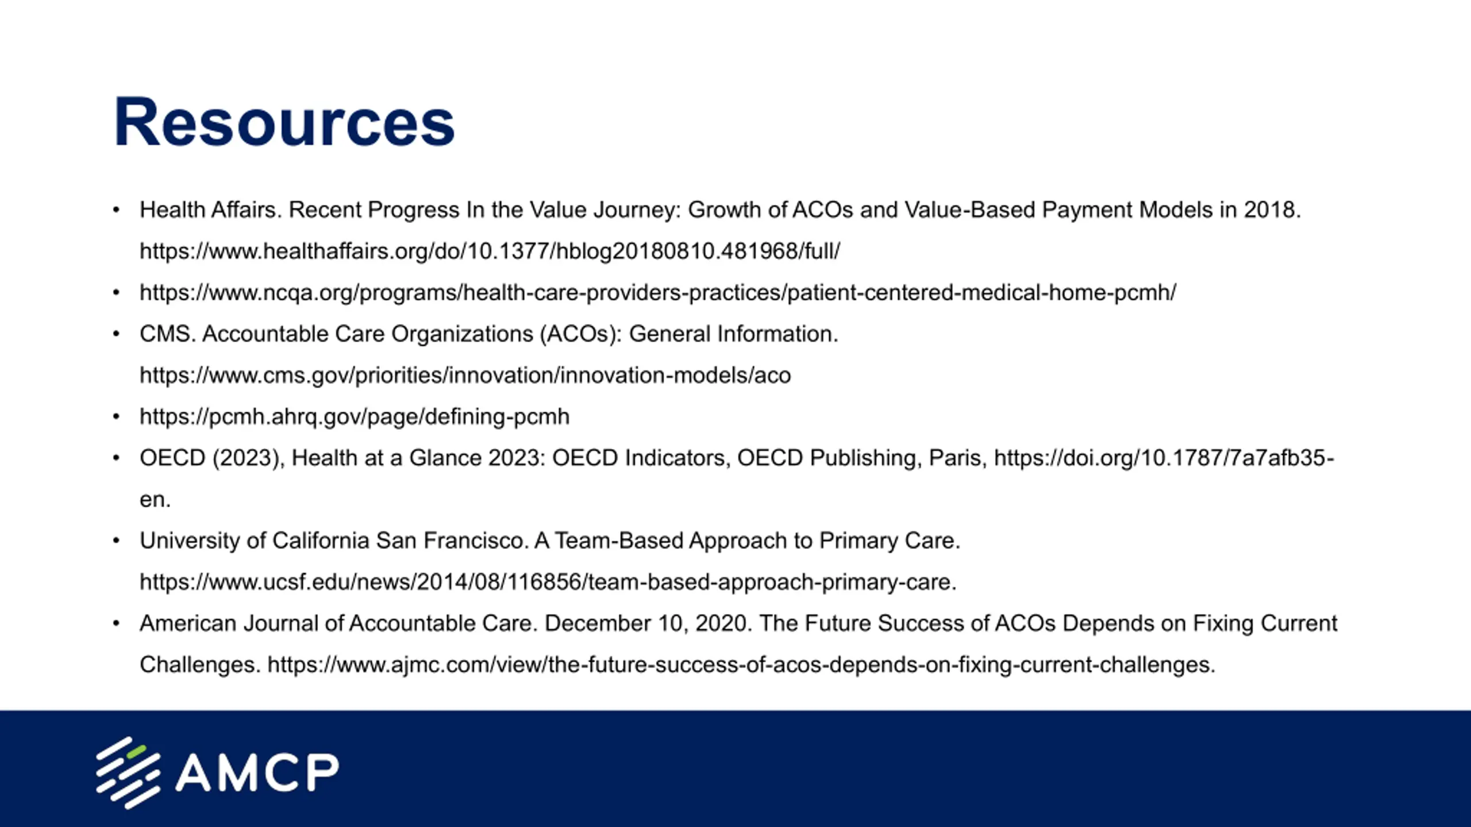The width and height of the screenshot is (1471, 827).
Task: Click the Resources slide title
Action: point(284,122)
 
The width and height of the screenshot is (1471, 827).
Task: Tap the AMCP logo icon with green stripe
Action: point(128,773)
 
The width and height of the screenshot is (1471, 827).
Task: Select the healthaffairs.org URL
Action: point(490,251)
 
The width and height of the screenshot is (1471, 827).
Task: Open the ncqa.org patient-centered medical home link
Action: point(658,293)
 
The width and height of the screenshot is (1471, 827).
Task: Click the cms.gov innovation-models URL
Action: point(465,375)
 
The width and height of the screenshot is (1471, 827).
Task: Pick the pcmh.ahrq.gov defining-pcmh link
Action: point(355,417)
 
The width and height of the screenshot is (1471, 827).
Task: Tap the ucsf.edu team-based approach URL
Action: point(548,582)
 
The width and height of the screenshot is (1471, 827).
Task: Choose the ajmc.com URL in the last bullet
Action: point(741,665)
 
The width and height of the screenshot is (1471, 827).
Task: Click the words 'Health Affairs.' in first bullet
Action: point(211,210)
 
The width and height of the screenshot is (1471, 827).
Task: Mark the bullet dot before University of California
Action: point(116,541)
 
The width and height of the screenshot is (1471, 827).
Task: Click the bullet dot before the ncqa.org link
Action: point(116,293)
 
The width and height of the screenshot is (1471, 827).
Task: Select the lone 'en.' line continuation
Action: point(155,500)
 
